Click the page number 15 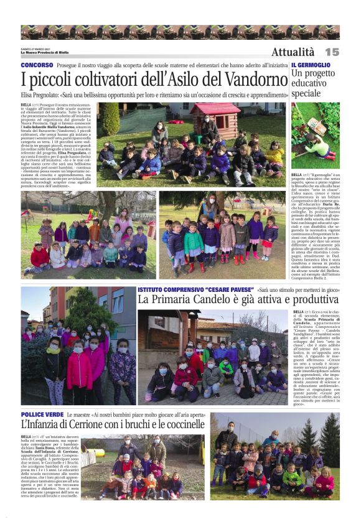[331, 52]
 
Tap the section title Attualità [293, 52]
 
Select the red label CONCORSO [37, 65]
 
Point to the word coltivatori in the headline [119, 80]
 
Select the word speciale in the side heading [306, 93]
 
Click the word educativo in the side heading [310, 83]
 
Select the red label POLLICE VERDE [41, 413]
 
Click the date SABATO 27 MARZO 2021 [36, 49]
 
